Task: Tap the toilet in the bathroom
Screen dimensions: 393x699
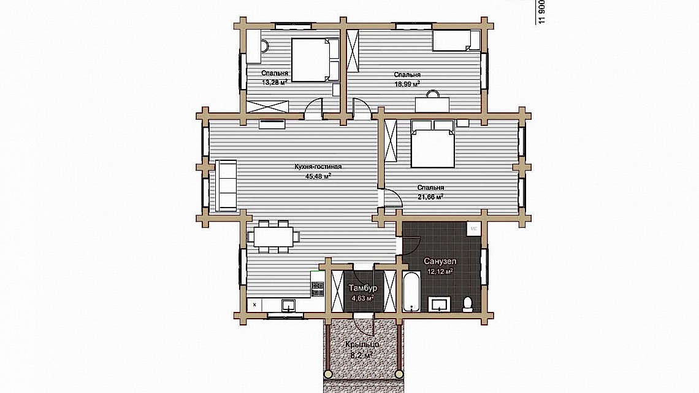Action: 467,303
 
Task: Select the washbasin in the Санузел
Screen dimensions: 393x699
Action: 440,304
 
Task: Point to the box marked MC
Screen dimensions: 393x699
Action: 474,228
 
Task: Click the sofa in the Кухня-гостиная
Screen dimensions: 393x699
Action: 226,185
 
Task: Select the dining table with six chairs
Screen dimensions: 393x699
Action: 274,236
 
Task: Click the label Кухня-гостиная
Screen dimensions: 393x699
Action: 318,166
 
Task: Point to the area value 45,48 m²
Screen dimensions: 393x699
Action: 318,176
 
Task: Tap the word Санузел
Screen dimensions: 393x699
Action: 440,261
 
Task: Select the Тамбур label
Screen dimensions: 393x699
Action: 362,288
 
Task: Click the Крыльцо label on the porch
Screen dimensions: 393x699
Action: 361,345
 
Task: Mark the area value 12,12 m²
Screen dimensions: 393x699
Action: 440,271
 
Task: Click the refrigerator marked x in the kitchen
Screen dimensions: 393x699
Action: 254,304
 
